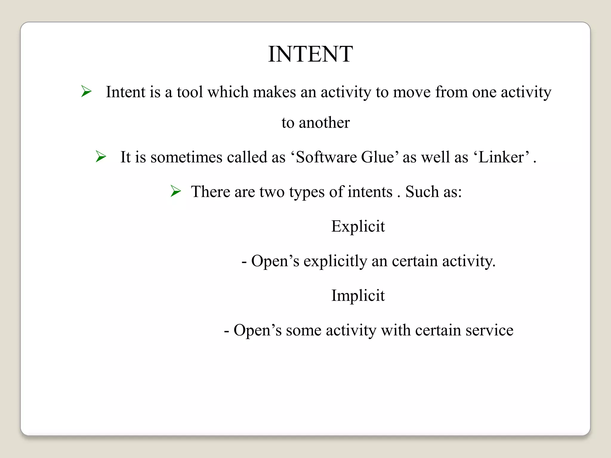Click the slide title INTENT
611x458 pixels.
pos(310,54)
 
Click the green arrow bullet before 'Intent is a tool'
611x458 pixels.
pos(86,91)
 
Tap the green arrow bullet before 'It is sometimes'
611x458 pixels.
pos(101,157)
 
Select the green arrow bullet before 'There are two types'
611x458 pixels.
pos(176,191)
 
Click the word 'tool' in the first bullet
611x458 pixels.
pos(190,92)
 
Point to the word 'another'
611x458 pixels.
pos(324,123)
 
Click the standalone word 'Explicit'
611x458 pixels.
pos(358,226)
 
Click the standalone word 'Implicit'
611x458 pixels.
pos(358,295)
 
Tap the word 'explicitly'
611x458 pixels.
pos(335,262)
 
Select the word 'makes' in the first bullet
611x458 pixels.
pos(274,92)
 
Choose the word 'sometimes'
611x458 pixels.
pos(186,157)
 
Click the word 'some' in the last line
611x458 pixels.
pos(303,330)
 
